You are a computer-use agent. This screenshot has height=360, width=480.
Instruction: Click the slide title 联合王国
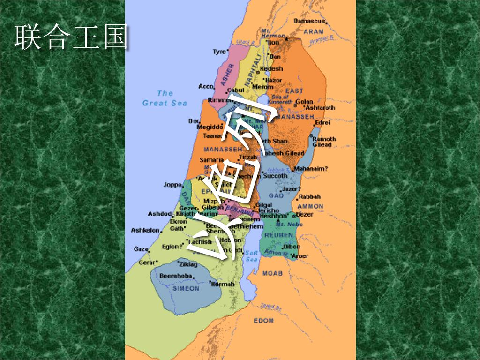[70, 39]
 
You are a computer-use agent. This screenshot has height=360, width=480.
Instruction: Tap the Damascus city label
[309, 21]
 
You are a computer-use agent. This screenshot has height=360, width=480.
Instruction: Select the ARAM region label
[314, 32]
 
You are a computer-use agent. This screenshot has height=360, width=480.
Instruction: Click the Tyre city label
[219, 52]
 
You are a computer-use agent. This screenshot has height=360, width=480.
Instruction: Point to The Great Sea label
[165, 98]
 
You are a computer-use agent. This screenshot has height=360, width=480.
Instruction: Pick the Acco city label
[205, 86]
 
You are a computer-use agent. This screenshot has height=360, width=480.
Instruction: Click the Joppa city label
[172, 185]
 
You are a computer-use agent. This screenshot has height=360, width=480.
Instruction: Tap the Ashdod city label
[160, 214]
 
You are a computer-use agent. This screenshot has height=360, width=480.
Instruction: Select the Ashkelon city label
[145, 230]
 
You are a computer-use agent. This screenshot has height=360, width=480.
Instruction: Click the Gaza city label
[141, 249]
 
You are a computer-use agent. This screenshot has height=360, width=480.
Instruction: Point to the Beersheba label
[174, 276]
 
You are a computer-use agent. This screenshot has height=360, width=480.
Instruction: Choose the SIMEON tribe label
[186, 288]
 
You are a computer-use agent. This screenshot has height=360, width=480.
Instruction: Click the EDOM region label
[263, 321]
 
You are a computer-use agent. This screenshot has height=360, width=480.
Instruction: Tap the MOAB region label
[272, 273]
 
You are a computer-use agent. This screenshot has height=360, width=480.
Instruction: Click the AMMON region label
[310, 206]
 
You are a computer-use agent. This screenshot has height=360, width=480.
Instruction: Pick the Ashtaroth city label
[320, 108]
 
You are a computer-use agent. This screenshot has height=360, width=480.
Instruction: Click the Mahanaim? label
[311, 168]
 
